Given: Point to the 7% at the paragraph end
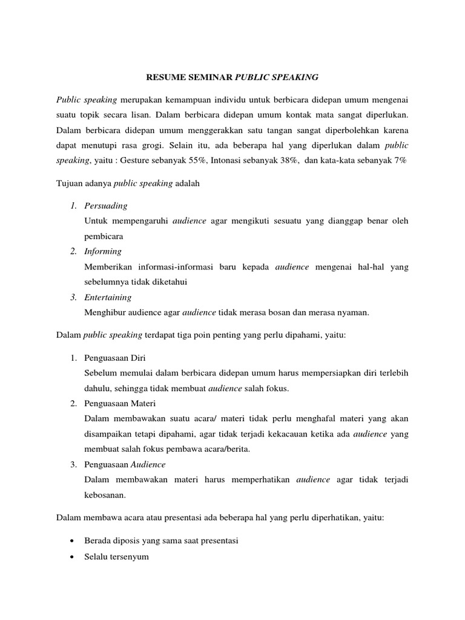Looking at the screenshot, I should (400, 160).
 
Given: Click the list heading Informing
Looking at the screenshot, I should (104, 251).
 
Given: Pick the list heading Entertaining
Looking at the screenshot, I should (108, 297).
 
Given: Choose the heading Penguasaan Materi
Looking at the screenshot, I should (120, 403).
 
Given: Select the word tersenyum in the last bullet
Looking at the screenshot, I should (127, 556).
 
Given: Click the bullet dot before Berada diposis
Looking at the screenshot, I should (73, 541).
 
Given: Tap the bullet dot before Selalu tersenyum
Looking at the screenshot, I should (73, 556).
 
